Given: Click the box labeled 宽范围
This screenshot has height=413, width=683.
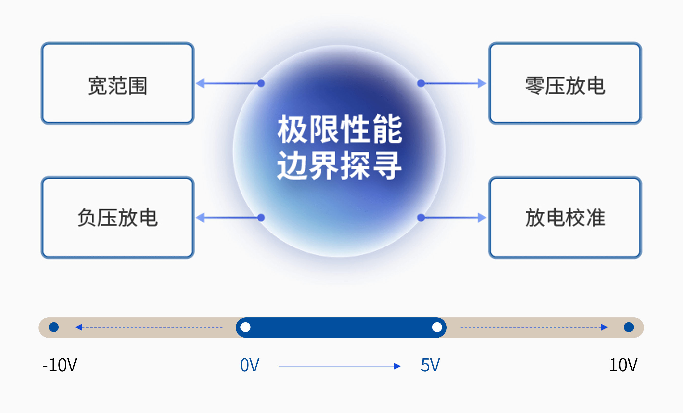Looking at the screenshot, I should [x=117, y=83].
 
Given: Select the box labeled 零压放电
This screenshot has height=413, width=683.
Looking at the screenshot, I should [x=565, y=83].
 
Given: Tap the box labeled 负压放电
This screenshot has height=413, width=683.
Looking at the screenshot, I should [x=117, y=218].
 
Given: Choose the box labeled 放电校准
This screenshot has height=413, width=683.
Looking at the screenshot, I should [x=565, y=218].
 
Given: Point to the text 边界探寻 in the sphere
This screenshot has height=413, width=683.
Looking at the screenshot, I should [x=340, y=166].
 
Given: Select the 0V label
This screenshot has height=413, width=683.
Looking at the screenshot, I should [x=250, y=365].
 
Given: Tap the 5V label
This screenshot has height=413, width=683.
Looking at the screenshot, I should [x=430, y=365].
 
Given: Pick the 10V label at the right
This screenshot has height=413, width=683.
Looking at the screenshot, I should [x=623, y=365].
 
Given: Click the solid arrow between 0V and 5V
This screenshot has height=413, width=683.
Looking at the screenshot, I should [x=340, y=366].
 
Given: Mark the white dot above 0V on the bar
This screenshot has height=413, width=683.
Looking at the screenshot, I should [x=245, y=327].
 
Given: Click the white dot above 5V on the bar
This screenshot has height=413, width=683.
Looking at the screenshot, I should [x=437, y=327].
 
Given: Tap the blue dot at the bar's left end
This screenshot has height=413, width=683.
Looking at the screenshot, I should [x=54, y=327].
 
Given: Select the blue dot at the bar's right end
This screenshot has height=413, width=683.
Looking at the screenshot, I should [x=629, y=327].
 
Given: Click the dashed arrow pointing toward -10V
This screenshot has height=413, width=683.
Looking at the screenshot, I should [x=149, y=327].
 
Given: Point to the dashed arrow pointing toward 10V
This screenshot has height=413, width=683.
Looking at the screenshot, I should [x=534, y=327].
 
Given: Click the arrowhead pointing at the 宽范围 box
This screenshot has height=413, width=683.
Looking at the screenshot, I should [x=200, y=83].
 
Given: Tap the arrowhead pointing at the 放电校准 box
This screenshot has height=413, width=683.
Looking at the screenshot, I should [x=482, y=218].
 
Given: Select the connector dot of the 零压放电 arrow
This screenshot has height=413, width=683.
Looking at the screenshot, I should [x=421, y=83].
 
